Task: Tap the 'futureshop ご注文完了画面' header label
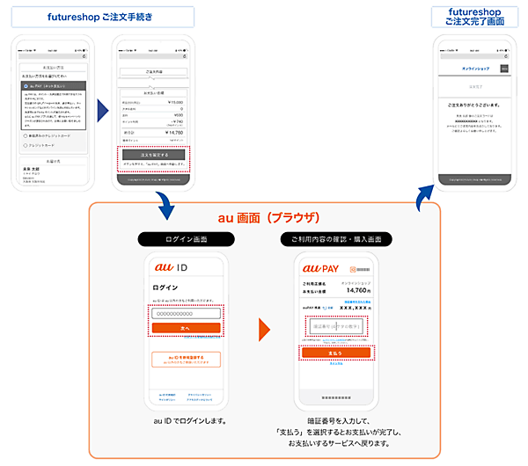475,16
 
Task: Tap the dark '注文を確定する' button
154,154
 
